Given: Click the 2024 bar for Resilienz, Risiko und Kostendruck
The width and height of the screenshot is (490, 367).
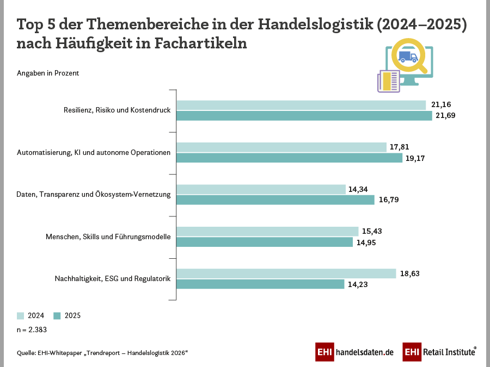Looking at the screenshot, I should (301, 105).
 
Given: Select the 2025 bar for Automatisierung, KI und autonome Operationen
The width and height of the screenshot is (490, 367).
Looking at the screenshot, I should (289, 158).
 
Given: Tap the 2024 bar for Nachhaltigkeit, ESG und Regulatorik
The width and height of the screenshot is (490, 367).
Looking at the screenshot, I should (286, 273).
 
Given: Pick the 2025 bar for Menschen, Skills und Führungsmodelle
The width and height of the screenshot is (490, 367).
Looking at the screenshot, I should (265, 242).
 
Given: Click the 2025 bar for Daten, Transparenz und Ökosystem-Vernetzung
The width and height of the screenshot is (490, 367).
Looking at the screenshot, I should (275, 200).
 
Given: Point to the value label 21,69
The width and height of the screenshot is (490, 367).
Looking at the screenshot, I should (446, 116).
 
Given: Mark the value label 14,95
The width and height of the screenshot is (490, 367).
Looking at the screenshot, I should (367, 242).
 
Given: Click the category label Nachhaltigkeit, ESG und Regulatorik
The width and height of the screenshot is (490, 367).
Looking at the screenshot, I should (113, 279).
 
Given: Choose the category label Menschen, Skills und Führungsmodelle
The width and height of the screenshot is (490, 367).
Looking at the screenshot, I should (108, 237).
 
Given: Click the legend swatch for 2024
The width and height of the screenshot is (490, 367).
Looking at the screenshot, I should (21, 315).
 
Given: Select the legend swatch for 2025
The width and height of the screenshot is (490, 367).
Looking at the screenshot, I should (57, 315).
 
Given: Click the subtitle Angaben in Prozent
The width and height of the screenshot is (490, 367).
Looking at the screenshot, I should (48, 73).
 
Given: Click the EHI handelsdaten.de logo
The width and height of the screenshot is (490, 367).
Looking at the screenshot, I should (354, 352).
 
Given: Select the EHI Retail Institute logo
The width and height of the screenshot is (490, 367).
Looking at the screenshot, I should (439, 352).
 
